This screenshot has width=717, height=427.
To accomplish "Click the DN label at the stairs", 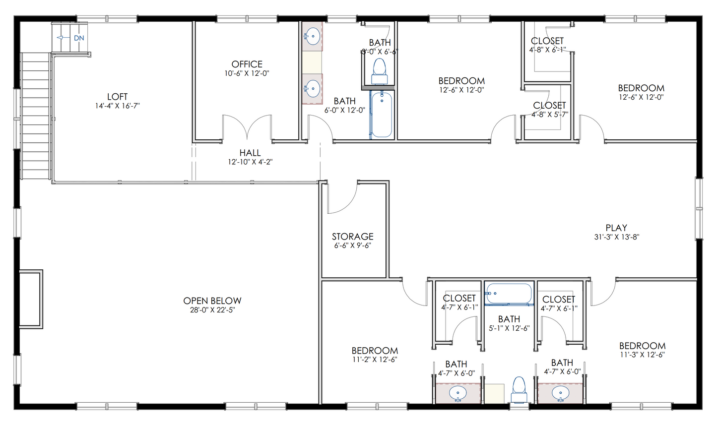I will point(79,38).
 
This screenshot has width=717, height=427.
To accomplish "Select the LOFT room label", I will point(118,97).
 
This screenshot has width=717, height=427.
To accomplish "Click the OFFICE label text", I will point(247,64).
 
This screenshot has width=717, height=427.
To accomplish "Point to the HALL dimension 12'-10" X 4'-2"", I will point(250,162).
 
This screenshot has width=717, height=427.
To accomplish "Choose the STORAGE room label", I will point(352,237).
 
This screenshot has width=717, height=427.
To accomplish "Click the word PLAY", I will point(616,228).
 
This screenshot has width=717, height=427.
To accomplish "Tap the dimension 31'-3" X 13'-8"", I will point(616,237).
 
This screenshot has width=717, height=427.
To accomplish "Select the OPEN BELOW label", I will point(212,301).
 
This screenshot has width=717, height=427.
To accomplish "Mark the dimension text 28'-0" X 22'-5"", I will point(212,310).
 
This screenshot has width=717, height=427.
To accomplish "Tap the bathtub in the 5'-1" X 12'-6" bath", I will point(509,294).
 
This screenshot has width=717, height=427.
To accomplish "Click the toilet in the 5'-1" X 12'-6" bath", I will point(519,389).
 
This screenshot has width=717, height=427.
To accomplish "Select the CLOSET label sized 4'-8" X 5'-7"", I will point(549,106).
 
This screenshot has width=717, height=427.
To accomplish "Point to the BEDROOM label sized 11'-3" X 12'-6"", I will point(642,346).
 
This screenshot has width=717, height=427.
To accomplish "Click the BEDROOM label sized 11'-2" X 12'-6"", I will point(375,351).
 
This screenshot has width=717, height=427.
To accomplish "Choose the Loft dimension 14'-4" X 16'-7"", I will point(118,106).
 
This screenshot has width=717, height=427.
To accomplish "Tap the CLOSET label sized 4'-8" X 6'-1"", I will point(547,41).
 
